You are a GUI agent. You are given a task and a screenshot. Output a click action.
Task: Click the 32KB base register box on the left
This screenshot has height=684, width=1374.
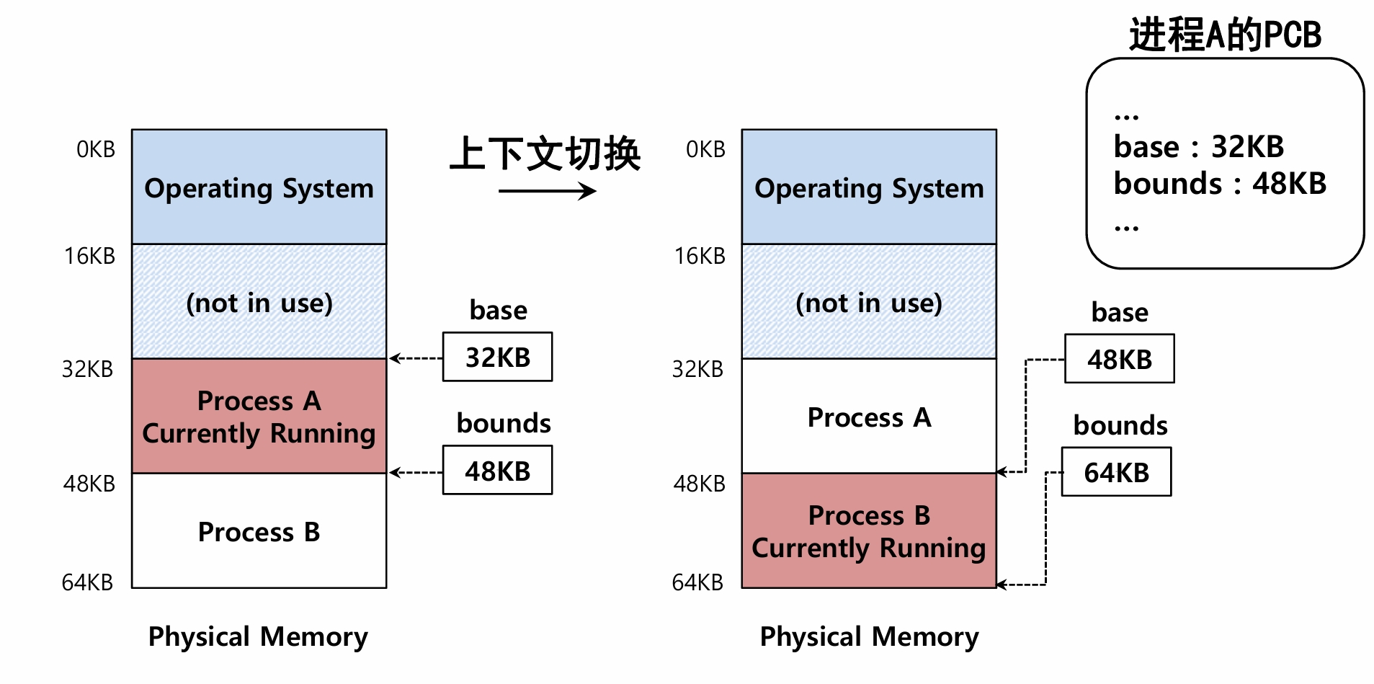(x=497, y=357)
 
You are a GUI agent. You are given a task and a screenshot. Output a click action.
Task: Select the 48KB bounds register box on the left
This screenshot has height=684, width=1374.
(x=497, y=471)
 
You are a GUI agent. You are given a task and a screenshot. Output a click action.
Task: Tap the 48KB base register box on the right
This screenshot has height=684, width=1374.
(x=1119, y=359)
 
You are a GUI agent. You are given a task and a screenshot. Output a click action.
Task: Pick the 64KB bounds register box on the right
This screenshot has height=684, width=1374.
(x=1116, y=472)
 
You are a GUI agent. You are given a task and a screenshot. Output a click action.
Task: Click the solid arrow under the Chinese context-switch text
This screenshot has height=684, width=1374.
(x=547, y=191)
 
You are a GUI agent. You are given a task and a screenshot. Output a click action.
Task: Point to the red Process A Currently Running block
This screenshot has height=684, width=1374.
(x=259, y=416)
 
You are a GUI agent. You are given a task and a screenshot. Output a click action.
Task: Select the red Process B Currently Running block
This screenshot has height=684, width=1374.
(x=869, y=530)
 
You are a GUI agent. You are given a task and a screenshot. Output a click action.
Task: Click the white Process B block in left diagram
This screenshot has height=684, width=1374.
(x=259, y=531)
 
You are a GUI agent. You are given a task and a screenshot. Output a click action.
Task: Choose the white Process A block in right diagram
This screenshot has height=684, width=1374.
(x=869, y=417)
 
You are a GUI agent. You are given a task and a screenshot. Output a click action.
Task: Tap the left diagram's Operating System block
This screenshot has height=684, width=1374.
(x=259, y=187)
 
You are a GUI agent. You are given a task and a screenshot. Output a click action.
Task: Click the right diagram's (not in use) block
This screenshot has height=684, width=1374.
(x=869, y=302)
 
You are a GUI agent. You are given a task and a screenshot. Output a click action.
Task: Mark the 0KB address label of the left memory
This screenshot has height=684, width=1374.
(x=96, y=149)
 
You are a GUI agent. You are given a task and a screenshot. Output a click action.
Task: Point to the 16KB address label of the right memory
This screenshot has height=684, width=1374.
(x=700, y=256)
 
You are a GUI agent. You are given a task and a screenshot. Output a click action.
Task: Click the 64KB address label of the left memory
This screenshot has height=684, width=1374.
(x=87, y=582)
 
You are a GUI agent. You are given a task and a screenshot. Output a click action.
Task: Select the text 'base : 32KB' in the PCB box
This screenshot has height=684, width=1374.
(x=1198, y=146)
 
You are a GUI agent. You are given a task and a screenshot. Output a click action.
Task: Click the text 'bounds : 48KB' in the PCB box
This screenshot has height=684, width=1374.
(x=1219, y=183)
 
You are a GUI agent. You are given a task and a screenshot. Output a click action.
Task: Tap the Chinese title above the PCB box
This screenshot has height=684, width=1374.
(x=1224, y=34)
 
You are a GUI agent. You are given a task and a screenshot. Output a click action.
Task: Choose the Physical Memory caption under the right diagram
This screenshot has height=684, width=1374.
(x=869, y=636)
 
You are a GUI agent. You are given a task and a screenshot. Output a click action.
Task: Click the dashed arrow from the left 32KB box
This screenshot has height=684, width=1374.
(x=416, y=358)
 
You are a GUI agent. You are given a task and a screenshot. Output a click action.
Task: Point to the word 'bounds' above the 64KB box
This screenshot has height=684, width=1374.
(x=1120, y=425)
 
